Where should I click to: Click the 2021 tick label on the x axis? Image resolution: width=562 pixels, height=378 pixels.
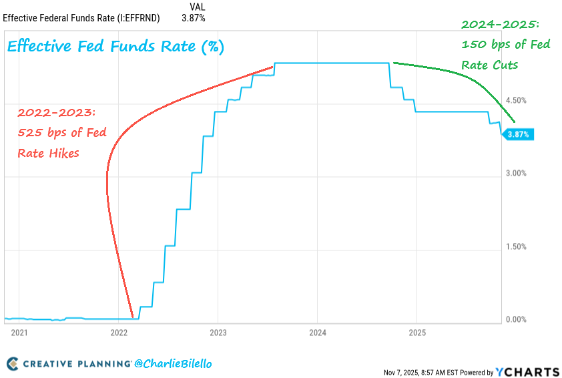pyautogui.click(x=19, y=332)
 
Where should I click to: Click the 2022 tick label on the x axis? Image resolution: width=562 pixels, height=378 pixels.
pyautogui.click(x=119, y=332)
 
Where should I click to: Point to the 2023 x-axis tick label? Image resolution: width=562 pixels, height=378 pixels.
pyautogui.click(x=218, y=332)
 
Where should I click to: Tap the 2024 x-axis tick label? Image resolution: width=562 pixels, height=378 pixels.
pyautogui.click(x=318, y=332)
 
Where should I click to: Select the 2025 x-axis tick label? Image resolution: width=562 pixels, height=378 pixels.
pyautogui.click(x=417, y=332)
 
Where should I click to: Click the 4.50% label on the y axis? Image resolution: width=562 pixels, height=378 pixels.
pyautogui.click(x=517, y=100)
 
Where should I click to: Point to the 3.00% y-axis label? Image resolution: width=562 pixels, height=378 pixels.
pyautogui.click(x=517, y=173)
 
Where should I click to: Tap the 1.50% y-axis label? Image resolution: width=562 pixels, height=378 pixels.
pyautogui.click(x=517, y=246)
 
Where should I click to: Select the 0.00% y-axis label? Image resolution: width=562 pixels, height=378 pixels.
pyautogui.click(x=517, y=319)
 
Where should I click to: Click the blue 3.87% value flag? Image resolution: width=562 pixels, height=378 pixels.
pyautogui.click(x=518, y=134)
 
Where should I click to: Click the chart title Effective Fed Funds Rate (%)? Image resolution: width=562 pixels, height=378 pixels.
pyautogui.click(x=115, y=47)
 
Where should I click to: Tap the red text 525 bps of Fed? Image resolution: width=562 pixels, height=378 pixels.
pyautogui.click(x=62, y=132)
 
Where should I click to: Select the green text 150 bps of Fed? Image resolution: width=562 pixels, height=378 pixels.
pyautogui.click(x=505, y=45)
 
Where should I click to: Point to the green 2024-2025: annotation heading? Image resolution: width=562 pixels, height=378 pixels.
pyautogui.click(x=501, y=25)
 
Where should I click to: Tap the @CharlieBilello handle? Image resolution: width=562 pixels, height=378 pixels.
pyautogui.click(x=173, y=364)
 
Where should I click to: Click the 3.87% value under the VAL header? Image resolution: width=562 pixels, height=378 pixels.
pyautogui.click(x=194, y=18)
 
